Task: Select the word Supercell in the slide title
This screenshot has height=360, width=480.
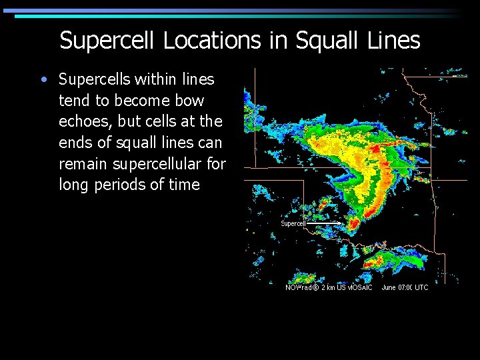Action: click(107, 41)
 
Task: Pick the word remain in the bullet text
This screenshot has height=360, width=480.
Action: click(83, 163)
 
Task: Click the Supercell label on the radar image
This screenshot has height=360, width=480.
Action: click(293, 224)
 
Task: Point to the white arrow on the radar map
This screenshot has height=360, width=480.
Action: click(327, 223)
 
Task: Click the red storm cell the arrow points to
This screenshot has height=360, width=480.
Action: click(354, 223)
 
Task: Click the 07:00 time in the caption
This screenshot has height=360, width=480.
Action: click(402, 287)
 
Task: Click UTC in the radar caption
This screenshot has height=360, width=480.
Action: click(421, 287)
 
